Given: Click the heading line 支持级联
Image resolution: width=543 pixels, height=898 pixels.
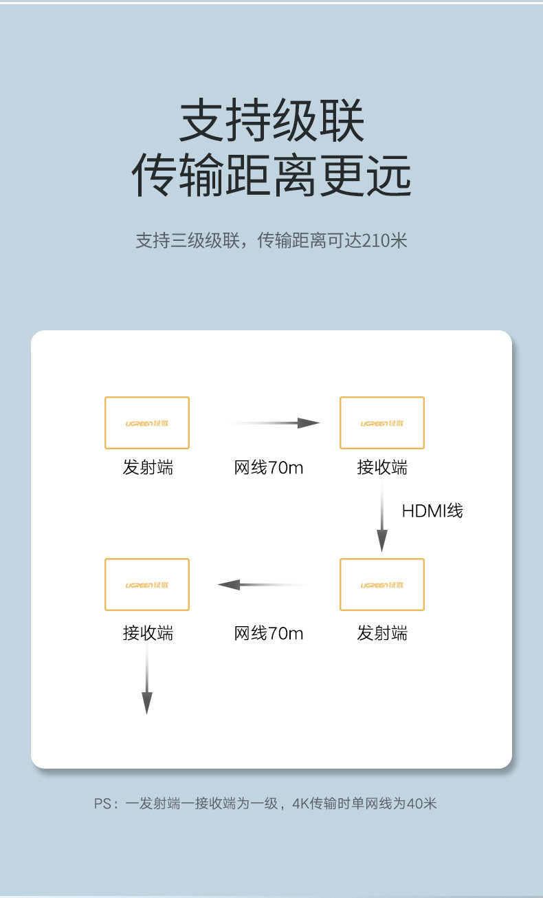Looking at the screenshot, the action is (x=271, y=122).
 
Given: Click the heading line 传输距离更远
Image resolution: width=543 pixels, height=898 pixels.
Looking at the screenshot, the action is (x=271, y=175).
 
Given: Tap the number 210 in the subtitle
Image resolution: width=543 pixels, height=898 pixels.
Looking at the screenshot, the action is (x=375, y=240).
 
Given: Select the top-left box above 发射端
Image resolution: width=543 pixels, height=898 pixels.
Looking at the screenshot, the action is (x=146, y=422).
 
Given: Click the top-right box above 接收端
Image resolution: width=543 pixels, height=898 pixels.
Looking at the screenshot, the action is (x=381, y=422).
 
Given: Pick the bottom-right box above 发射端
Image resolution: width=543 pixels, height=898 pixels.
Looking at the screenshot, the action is (x=381, y=584).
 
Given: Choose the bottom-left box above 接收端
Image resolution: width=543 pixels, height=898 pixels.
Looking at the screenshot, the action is (x=146, y=584).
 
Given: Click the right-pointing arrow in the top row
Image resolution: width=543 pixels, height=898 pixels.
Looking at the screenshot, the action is (x=275, y=423).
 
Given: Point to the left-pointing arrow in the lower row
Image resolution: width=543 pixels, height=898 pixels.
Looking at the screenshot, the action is (x=262, y=584).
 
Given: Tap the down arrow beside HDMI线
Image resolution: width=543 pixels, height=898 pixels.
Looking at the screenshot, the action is (x=382, y=515).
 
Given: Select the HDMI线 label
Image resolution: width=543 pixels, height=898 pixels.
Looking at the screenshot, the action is (x=432, y=510).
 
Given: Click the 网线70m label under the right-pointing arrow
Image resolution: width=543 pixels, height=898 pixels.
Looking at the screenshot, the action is (x=268, y=468).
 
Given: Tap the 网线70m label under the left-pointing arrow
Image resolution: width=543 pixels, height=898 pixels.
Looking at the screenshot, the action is (x=268, y=632).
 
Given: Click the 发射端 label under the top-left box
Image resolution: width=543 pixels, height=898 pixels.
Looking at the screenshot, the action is (x=148, y=468).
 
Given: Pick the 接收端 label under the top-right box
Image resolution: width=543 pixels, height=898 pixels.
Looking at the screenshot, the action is (x=382, y=468).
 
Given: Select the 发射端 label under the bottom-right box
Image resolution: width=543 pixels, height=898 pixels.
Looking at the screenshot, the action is (x=382, y=632).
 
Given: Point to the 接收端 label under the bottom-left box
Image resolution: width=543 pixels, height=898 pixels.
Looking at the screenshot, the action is (x=148, y=632).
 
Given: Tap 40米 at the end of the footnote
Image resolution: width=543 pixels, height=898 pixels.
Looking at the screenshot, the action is (x=421, y=803).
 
